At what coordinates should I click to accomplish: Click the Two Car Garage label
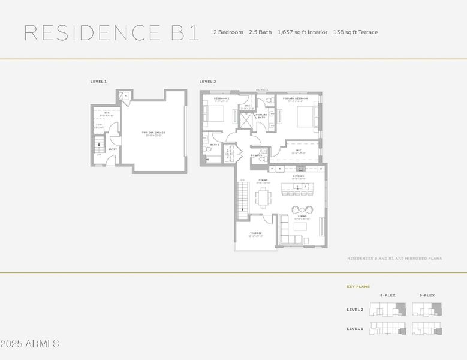153,133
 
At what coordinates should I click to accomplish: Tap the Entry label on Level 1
113,149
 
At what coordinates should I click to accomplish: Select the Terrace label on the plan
255,234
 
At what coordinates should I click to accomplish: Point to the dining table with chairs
263,197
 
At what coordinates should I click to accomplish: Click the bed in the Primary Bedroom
305,118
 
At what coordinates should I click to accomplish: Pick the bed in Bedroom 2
215,114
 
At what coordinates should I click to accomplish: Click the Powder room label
257,155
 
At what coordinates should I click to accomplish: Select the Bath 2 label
215,145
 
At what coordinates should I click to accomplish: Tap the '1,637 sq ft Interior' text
302,32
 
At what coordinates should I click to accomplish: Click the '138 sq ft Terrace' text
355,32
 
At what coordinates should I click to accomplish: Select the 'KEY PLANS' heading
358,287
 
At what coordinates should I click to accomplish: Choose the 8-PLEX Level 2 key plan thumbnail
387,310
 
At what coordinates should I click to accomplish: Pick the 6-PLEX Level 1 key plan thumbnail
427,329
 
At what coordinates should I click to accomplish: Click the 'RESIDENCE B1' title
112,33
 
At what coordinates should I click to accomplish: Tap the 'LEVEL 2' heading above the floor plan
207,81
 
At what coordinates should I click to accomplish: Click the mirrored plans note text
394,259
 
